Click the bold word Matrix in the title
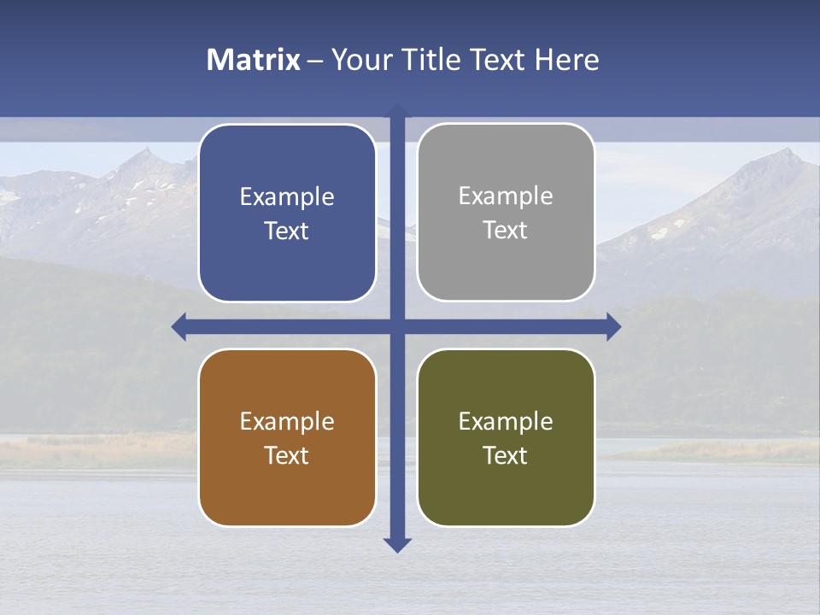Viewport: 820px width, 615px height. [x=254, y=60]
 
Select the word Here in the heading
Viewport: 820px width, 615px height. [x=567, y=60]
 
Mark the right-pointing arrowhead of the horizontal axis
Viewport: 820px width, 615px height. [x=613, y=326]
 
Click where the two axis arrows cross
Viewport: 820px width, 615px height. [x=397, y=326]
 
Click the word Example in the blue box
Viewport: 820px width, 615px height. [x=287, y=197]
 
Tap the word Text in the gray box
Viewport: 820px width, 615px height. [x=506, y=231]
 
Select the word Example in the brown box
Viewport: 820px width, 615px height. [x=287, y=421]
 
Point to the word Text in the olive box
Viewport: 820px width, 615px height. [x=506, y=455]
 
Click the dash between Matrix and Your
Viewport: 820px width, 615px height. [x=315, y=61]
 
